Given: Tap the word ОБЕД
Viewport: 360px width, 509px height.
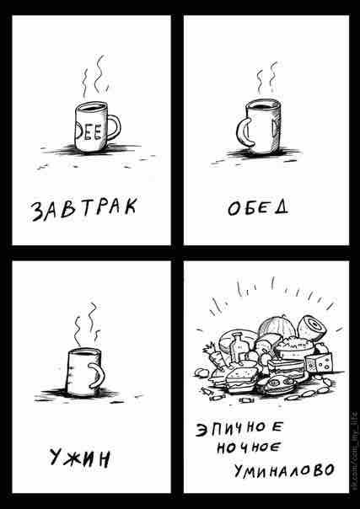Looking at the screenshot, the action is point(258,208).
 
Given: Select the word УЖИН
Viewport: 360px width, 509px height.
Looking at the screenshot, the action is point(80,458).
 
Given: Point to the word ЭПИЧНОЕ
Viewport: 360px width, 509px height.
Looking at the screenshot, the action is point(239,431).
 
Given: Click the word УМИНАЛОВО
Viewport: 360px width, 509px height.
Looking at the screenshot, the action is point(284,470).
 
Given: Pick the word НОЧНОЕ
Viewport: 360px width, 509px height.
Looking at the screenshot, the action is point(248,448).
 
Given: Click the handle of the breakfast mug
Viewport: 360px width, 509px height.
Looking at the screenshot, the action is point(115,127).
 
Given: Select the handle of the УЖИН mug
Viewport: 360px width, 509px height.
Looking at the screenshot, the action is point(98,375).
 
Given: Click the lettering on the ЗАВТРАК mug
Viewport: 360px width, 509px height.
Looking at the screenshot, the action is point(89,132).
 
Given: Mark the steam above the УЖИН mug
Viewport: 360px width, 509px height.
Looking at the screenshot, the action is point(87,324).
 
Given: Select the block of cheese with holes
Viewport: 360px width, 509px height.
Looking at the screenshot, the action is point(319,363).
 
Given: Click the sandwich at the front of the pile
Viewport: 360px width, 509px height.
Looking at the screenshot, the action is point(242,379).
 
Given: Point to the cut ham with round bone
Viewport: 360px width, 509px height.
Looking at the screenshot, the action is point(312,327).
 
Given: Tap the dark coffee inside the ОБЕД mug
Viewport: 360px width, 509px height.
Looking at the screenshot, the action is point(262,106).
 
